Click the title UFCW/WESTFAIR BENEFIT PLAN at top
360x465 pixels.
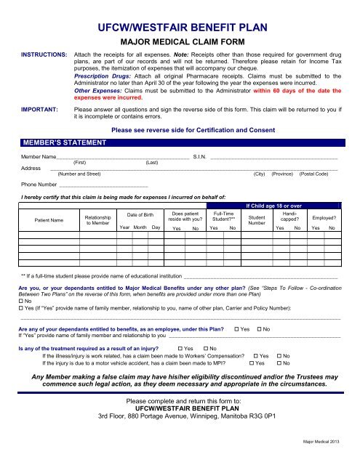[x=180, y=29]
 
